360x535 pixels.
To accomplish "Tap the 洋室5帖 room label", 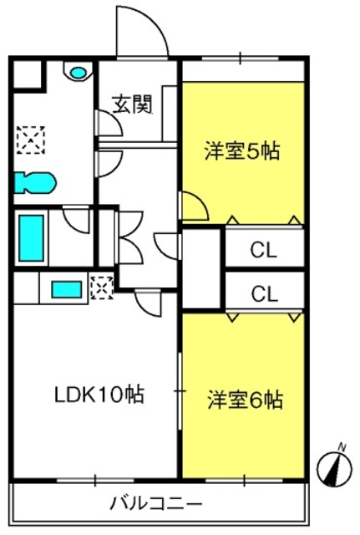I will coord(241,151).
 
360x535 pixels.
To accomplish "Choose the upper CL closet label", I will coord(264,249).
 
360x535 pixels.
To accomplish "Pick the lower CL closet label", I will coord(264,293).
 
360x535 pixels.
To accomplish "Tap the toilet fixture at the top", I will coord(78,73).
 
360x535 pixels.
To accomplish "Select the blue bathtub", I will coord(31,237).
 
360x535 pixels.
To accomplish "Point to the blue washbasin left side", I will coord(33,181).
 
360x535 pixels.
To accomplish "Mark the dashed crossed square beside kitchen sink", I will coord(100,287).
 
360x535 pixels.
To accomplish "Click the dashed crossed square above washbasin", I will coord(33,138).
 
